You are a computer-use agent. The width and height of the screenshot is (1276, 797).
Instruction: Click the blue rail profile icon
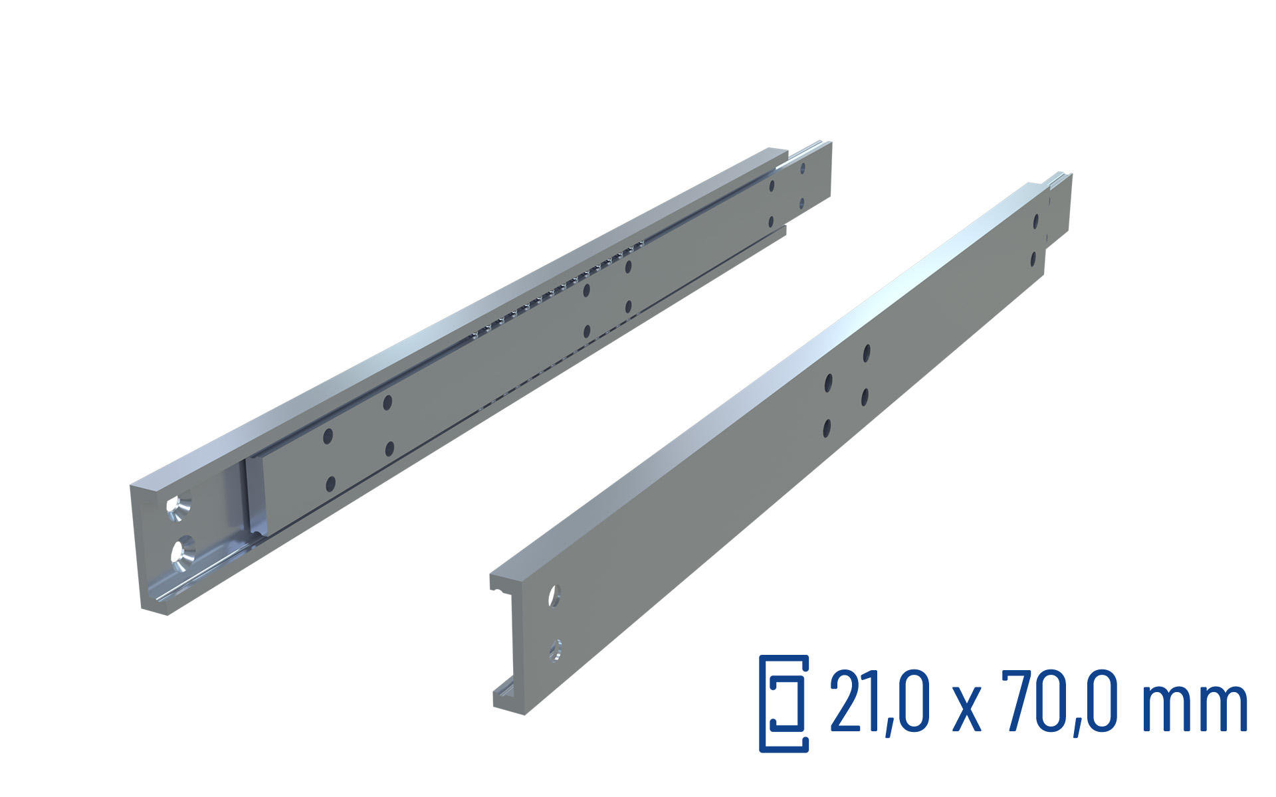click(x=784, y=703)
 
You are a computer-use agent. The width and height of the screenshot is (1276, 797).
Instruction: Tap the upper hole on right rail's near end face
click(x=554, y=596)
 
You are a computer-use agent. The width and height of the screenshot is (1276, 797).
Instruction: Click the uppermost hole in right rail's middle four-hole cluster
click(x=867, y=353)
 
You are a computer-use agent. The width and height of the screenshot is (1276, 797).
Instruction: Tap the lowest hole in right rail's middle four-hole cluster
click(x=827, y=428)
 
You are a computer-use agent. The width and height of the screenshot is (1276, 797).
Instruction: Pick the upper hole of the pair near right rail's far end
click(x=1035, y=221)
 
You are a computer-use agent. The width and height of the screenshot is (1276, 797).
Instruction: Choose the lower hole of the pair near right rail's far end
click(x=1033, y=258)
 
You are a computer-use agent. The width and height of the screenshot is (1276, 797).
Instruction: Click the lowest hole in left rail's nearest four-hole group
click(x=330, y=484)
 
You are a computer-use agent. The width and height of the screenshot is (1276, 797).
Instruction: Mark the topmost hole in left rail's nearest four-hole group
click(x=387, y=402)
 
